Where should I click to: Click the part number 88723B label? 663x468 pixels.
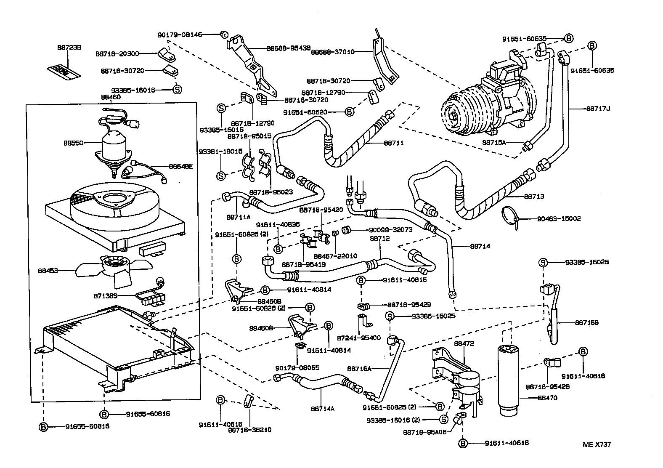tap(69, 48)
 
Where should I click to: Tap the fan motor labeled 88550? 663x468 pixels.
tap(112, 146)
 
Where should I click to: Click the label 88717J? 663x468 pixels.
tap(598, 109)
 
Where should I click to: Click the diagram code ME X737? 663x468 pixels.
tap(597, 444)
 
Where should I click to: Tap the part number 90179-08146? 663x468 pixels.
tap(180, 35)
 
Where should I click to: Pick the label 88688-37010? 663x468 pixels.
tap(333, 52)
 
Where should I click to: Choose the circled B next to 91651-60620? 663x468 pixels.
tap(349, 112)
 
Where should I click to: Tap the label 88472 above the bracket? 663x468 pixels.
tap(464, 343)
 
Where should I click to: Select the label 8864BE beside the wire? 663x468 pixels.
tap(181, 166)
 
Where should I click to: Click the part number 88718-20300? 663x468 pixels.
tap(117, 53)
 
